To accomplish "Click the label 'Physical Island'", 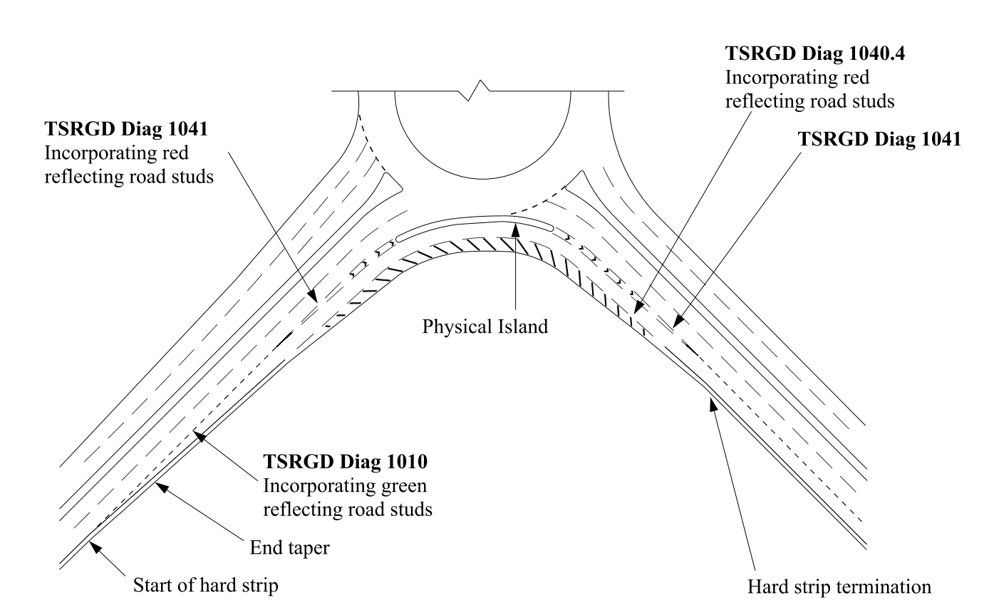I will [485, 326].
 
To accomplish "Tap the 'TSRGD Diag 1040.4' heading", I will [809, 54].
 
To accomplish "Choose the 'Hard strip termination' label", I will [839, 587].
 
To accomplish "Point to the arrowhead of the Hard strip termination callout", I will [710, 400].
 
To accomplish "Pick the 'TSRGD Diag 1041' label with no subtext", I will [879, 139].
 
